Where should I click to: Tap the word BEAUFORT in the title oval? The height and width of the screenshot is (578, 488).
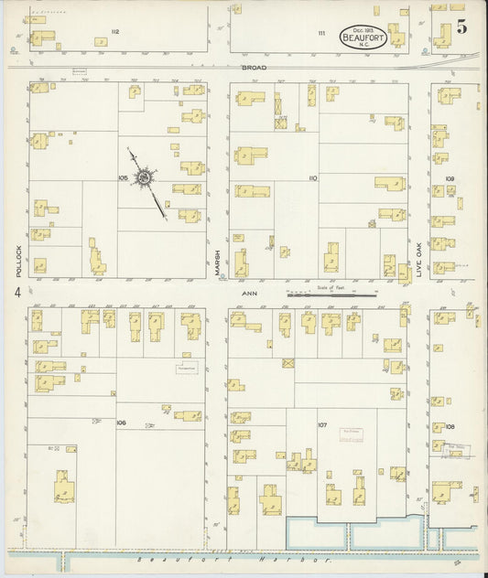pyautogui.click(x=360, y=37)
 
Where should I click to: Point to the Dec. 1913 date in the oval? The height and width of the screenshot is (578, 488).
pyautogui.click(x=360, y=28)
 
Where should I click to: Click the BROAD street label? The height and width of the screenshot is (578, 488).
pyautogui.click(x=253, y=70)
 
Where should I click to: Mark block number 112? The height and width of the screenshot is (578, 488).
pyautogui.click(x=115, y=32)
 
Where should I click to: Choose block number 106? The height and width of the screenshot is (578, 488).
pyautogui.click(x=121, y=423)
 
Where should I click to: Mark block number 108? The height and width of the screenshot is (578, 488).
pyautogui.click(x=450, y=426)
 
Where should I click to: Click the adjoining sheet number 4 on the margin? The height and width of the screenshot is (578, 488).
pyautogui.click(x=16, y=293)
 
